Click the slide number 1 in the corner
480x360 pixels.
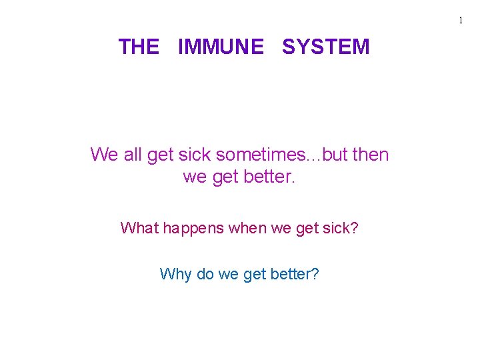pyautogui.click(x=460, y=21)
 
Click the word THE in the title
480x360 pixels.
pyautogui.click(x=139, y=47)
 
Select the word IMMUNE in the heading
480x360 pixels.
pyautogui.click(x=221, y=47)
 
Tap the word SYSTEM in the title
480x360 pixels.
pyautogui.click(x=325, y=47)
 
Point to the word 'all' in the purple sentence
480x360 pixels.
pyautogui.click(x=133, y=155)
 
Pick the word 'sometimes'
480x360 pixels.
pyautogui.click(x=262, y=155)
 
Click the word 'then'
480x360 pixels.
pyautogui.click(x=370, y=155)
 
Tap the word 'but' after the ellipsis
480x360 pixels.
pyautogui.click(x=335, y=155)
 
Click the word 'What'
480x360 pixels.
pyautogui.click(x=139, y=228)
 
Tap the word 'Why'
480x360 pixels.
pyautogui.click(x=175, y=274)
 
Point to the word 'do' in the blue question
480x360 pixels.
pyautogui.click(x=205, y=274)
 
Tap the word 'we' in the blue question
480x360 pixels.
pyautogui.click(x=227, y=274)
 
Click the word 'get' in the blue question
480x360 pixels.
pyautogui.click(x=255, y=274)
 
